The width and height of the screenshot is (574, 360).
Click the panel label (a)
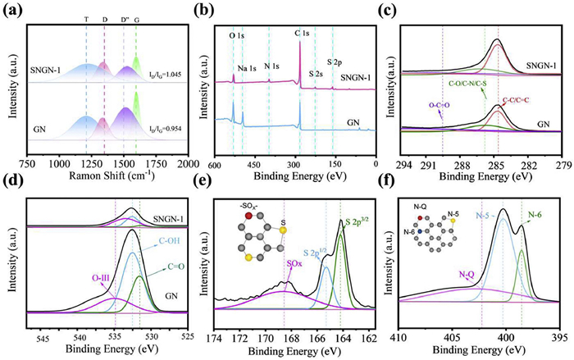14,10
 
